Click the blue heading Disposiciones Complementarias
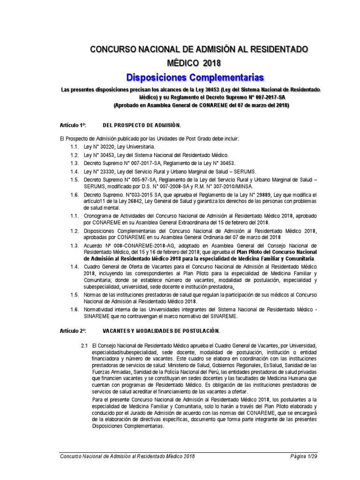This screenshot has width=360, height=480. [x=195, y=77]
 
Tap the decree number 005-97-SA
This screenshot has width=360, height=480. [x=143, y=179]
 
